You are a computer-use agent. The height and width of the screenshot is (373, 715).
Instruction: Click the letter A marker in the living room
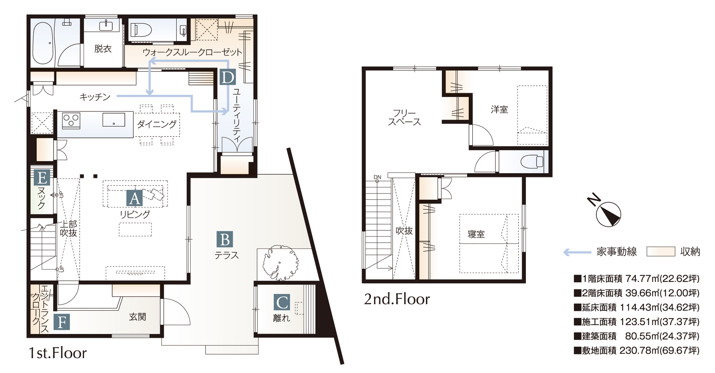tap(134, 198)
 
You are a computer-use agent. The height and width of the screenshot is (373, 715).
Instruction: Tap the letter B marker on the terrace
tap(225, 240)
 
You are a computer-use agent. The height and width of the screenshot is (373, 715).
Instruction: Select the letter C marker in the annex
tap(282, 303)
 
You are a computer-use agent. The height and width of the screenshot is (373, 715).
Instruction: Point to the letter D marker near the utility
tap(227, 77)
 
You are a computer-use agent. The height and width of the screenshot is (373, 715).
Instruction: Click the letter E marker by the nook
tap(42, 177)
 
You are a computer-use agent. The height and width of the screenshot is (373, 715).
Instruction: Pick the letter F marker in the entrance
tap(61, 322)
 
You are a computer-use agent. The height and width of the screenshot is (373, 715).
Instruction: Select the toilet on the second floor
tap(532, 162)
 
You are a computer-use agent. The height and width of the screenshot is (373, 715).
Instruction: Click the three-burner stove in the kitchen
tap(71, 121)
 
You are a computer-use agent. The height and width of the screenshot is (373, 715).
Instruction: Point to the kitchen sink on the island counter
tap(114, 120)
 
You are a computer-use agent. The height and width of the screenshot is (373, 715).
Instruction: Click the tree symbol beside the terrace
tap(280, 262)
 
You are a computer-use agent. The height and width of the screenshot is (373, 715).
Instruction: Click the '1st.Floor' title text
tap(58, 353)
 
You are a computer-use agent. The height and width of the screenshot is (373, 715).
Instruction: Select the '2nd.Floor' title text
tap(397, 299)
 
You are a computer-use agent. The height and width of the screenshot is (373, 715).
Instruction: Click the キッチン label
tap(95, 97)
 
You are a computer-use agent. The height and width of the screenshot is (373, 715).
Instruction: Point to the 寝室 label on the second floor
tap(476, 234)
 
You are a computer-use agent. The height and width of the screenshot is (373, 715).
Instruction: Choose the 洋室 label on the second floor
tap(499, 109)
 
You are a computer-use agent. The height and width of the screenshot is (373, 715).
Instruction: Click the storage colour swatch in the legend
tap(661, 252)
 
